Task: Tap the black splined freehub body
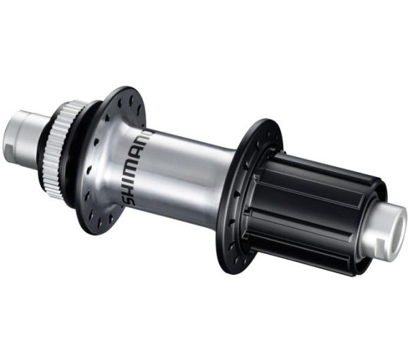(x=313, y=204)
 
